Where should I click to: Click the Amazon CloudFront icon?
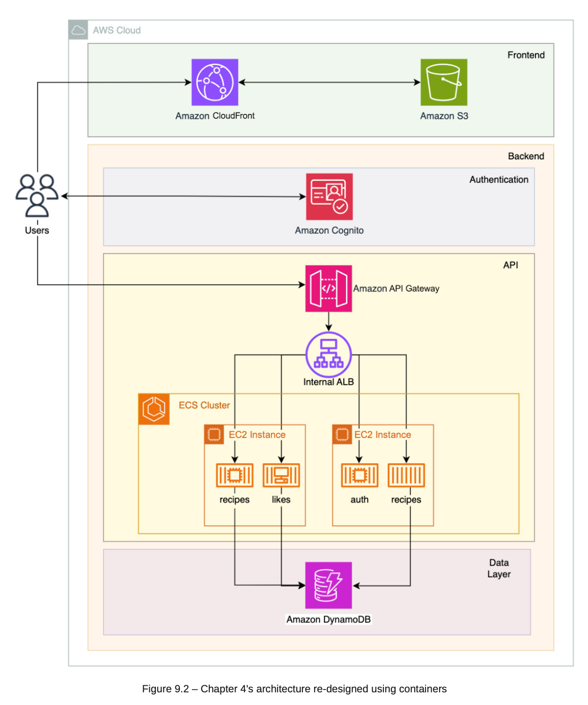click(215, 82)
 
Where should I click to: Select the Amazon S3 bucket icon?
click(444, 82)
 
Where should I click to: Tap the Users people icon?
click(37, 195)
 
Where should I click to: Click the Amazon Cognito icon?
click(329, 196)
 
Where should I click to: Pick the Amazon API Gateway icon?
click(329, 288)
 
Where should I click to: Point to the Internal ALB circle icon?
click(329, 354)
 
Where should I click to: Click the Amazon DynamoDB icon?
click(329, 585)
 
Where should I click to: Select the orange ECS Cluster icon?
click(154, 409)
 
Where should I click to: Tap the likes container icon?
click(281, 475)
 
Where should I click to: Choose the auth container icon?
click(360, 475)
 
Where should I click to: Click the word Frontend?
click(526, 55)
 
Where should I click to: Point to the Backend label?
click(526, 156)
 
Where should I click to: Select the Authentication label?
click(499, 180)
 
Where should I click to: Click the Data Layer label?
click(499, 568)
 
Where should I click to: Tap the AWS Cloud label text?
click(117, 30)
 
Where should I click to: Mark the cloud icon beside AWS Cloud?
click(78, 30)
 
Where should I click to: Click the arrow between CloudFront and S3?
click(329, 82)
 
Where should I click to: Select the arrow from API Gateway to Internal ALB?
click(329, 322)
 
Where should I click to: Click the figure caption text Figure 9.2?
click(294, 689)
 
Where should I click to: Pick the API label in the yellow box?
click(510, 265)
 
